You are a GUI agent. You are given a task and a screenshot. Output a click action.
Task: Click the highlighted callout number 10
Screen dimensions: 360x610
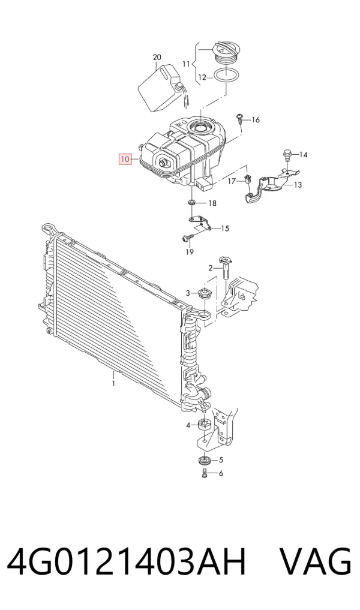tap(125, 159)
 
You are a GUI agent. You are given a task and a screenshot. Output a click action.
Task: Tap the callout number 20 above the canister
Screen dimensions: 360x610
tap(157, 57)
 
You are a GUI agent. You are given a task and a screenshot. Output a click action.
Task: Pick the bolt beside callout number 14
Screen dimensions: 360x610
tap(287, 154)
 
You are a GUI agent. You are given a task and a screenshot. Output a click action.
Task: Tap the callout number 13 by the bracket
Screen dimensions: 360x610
tap(298, 185)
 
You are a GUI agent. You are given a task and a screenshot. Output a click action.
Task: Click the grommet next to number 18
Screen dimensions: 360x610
tap(192, 203)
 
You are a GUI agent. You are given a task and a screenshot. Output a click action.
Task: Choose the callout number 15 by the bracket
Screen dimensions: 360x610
tap(225, 229)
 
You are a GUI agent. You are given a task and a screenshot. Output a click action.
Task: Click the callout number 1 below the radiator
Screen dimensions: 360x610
tap(113, 384)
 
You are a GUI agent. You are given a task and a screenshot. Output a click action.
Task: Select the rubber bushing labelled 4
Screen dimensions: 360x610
tap(203, 425)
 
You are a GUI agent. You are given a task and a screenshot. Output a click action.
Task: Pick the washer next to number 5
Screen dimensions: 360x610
tap(204, 460)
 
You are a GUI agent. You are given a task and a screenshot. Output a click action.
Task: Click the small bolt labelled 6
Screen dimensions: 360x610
tap(205, 473)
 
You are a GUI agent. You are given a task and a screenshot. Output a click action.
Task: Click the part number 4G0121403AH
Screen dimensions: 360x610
tap(127, 561)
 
